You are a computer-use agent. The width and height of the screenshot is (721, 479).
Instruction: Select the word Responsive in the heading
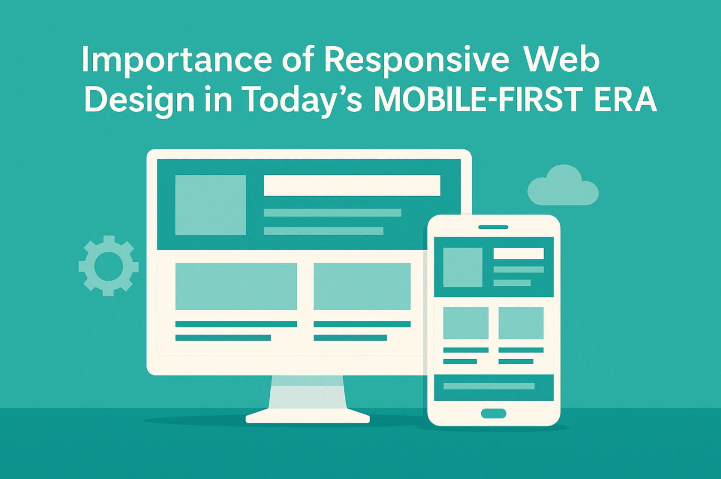click(417, 60)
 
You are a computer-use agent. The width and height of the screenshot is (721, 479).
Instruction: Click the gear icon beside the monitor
click(109, 266)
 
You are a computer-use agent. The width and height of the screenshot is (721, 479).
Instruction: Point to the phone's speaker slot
click(493, 227)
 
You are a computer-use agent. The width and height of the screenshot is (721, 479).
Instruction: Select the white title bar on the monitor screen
click(352, 185)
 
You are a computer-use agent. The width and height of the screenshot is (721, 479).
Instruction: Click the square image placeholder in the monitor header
click(210, 205)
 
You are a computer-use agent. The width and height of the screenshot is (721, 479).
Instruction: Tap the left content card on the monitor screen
click(236, 286)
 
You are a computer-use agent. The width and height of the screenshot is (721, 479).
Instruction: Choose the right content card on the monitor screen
click(362, 286)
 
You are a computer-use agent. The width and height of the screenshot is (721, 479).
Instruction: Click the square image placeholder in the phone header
click(463, 267)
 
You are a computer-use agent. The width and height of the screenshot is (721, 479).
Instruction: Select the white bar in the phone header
click(519, 253)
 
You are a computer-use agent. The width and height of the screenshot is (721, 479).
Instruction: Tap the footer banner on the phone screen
click(494, 388)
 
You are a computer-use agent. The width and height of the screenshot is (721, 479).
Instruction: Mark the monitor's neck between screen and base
click(308, 392)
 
